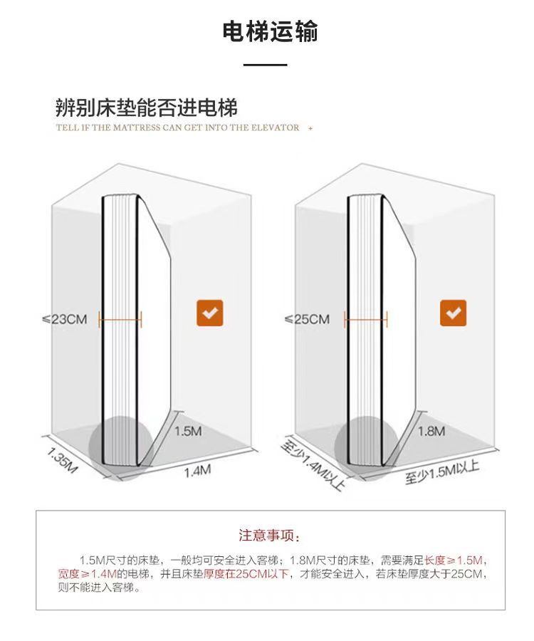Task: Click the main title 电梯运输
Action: (x=270, y=32)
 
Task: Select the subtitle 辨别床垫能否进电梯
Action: (x=147, y=108)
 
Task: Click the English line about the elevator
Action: (x=178, y=128)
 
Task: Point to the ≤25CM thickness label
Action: (x=307, y=319)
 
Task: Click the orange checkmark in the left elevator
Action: (x=210, y=313)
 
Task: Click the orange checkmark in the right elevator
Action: (x=453, y=313)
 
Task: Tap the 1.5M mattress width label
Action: (x=189, y=431)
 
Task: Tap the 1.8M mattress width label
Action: (x=431, y=431)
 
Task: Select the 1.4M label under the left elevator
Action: (x=198, y=471)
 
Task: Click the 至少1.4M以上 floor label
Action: (x=314, y=464)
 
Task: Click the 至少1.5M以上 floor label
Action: (x=442, y=471)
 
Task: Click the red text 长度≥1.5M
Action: (x=454, y=559)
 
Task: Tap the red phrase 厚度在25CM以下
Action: (x=246, y=574)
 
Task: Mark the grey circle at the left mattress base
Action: (x=119, y=445)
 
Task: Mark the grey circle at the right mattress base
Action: (x=365, y=445)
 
